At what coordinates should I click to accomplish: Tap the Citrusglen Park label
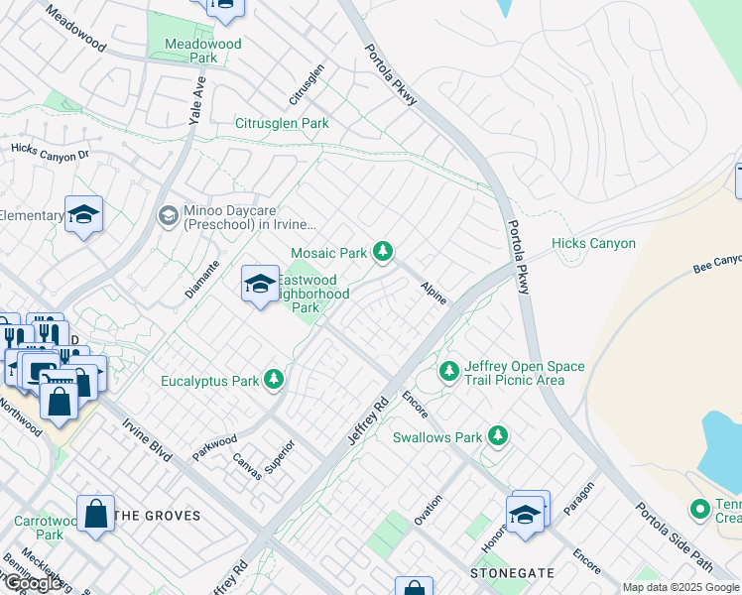tap(282, 124)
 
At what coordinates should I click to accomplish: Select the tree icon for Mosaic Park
tap(383, 253)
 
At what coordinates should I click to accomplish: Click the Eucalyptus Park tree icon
tap(274, 380)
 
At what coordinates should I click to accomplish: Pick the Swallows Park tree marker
tap(498, 436)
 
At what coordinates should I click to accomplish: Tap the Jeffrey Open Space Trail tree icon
tap(449, 372)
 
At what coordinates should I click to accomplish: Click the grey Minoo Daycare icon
tap(168, 215)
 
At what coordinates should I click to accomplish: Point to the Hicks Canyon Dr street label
tap(50, 152)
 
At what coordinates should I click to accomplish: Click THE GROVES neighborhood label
tap(158, 516)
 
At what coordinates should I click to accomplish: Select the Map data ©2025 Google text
tap(680, 587)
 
